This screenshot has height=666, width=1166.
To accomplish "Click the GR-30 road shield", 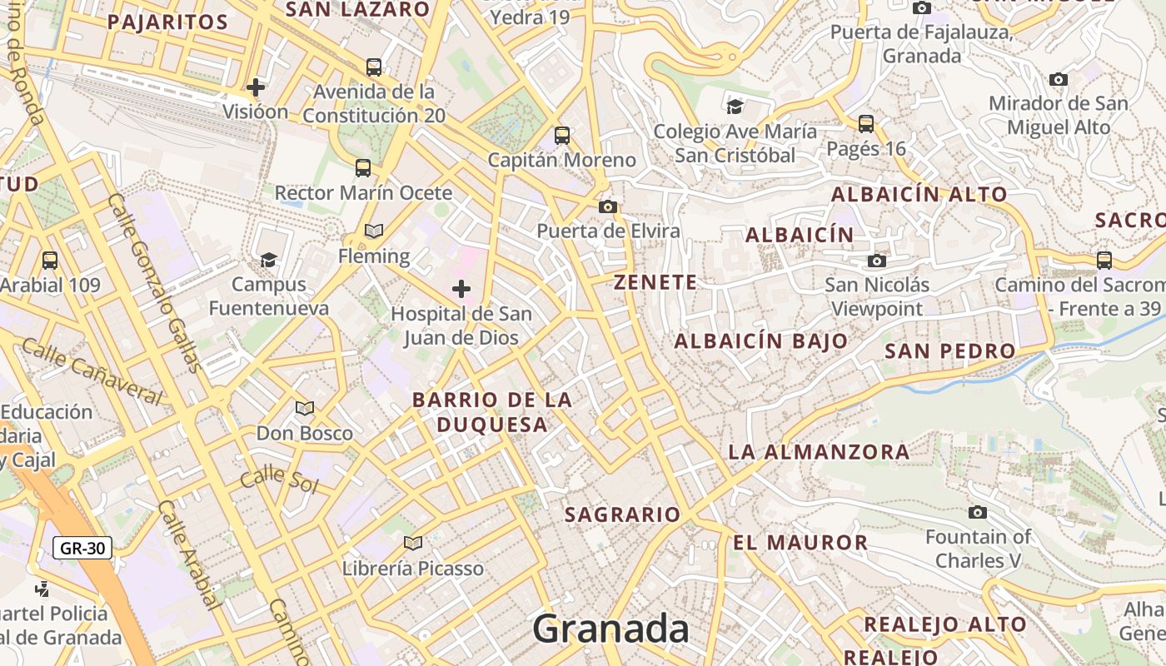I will pos(82,548).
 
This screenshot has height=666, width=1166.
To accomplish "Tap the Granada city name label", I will pos(611,629).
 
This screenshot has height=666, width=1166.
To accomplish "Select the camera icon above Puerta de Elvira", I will pos(608,206).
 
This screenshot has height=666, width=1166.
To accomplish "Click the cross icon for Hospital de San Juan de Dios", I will pos(461,289).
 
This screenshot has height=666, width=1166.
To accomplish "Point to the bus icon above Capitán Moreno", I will pos(562,135).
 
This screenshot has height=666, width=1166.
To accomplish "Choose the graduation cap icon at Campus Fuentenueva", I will pos(268,260).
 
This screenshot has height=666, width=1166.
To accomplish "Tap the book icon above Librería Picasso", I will pos(412,543).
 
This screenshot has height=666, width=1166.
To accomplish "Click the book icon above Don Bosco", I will pos(305,408).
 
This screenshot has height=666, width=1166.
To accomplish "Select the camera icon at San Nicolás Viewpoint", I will pos(876,261).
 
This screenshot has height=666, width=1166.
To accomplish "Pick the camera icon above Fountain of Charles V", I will pos(978,512).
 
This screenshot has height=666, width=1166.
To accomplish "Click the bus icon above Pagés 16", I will pos(866,124).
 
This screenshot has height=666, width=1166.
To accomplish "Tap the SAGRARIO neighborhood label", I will pos(623,514).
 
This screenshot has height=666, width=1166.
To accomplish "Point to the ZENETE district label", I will pos(655,282).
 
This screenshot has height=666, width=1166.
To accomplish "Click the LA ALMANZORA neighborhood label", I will pos(819,452).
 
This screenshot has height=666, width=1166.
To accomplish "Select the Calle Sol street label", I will pos(279,480).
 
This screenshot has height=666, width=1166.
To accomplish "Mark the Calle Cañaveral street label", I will pos(92,370).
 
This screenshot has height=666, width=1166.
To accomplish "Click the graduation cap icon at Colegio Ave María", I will pos(735,107).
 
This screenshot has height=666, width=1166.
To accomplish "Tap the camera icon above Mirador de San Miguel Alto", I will pos(1059,80).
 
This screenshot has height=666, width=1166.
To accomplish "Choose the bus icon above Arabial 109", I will pos(50,260).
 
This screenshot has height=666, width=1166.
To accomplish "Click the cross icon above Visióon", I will pos(256,87).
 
